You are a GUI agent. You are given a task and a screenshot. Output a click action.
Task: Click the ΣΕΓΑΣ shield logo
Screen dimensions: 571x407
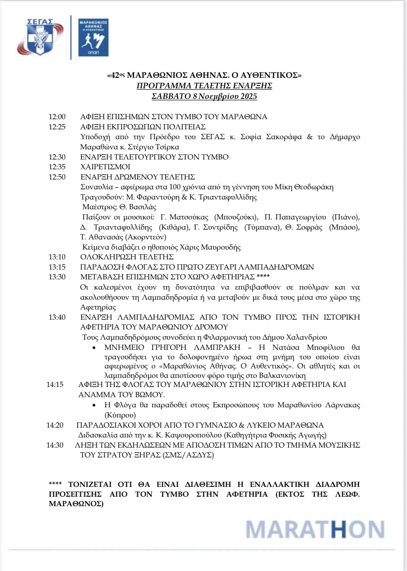click(x=40, y=37)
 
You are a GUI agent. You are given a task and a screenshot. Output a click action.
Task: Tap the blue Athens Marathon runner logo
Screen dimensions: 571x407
click(x=93, y=38)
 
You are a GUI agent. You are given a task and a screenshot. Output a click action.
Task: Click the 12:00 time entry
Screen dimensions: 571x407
click(x=57, y=117)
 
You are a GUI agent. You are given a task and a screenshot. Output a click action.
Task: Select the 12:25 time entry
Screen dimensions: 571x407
click(x=57, y=127)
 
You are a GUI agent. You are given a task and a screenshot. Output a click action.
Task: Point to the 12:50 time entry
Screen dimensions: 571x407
click(x=57, y=177)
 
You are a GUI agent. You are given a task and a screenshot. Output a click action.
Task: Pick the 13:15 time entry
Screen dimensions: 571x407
click(x=57, y=267)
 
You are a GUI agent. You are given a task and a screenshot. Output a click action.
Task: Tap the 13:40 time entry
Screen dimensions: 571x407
click(x=57, y=317)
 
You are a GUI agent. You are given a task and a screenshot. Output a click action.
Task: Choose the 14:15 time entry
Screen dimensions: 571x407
click(x=55, y=385)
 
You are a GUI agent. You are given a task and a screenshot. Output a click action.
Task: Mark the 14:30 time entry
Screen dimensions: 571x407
click(x=55, y=445)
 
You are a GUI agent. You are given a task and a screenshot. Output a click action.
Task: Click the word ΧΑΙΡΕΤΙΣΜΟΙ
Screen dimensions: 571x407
click(x=105, y=167)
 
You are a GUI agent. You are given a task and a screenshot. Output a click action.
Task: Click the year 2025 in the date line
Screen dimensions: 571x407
click(x=249, y=96)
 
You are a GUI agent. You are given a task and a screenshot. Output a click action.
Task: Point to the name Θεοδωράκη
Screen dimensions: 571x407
click(x=314, y=187)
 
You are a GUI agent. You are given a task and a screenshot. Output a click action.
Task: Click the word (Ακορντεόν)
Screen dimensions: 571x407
click(x=143, y=237)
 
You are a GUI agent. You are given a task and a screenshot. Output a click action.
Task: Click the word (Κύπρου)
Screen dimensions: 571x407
click(x=120, y=415)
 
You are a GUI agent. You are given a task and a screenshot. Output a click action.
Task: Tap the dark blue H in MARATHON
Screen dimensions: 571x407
click(x=338, y=529)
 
